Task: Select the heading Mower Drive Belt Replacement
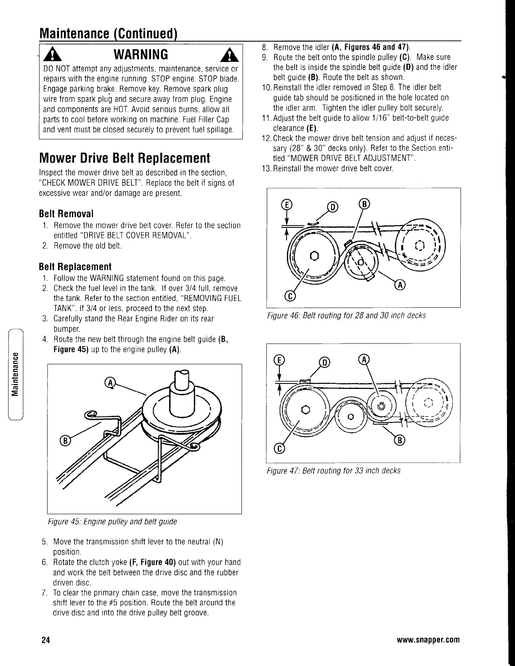tap(124, 158)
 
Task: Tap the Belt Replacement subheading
tap(75, 267)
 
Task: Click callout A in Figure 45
tap(109, 383)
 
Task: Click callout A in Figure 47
tap(363, 360)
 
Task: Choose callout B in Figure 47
tap(399, 440)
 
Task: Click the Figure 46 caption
tap(346, 315)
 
